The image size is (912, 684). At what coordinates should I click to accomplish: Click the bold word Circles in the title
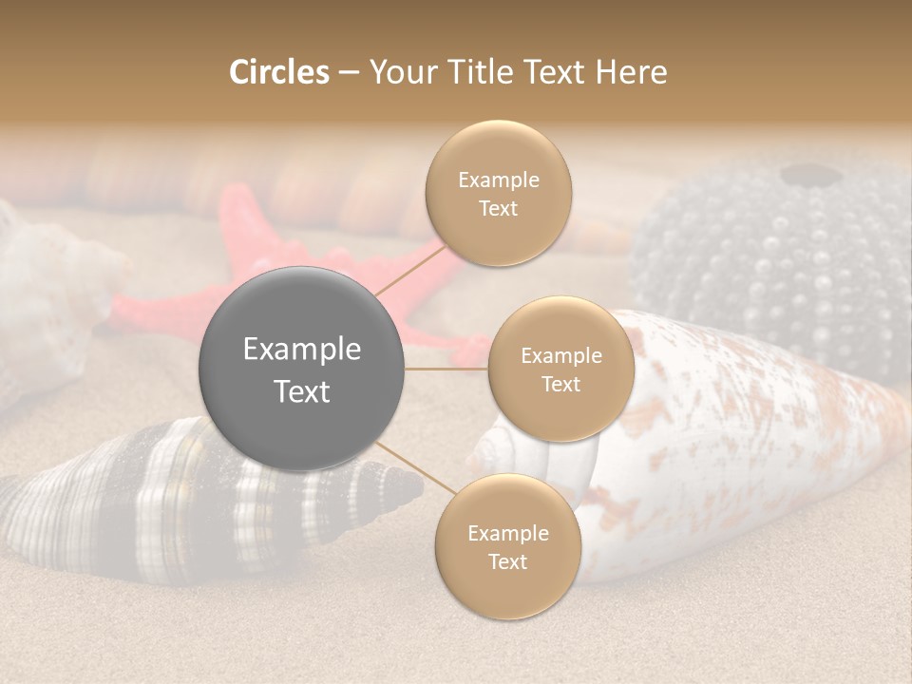[x=279, y=72]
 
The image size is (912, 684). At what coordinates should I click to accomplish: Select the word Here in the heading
[x=631, y=72]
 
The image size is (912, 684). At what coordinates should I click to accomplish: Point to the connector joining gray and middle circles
[x=446, y=369]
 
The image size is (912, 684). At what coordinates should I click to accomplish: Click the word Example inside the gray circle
[x=302, y=350]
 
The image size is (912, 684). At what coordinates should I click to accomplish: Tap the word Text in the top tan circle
[x=498, y=209]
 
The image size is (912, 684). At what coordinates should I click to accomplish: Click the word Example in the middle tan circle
[x=561, y=356]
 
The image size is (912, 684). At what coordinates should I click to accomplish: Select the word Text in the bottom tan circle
[x=507, y=561]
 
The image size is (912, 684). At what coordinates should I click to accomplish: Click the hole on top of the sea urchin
[x=807, y=175]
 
